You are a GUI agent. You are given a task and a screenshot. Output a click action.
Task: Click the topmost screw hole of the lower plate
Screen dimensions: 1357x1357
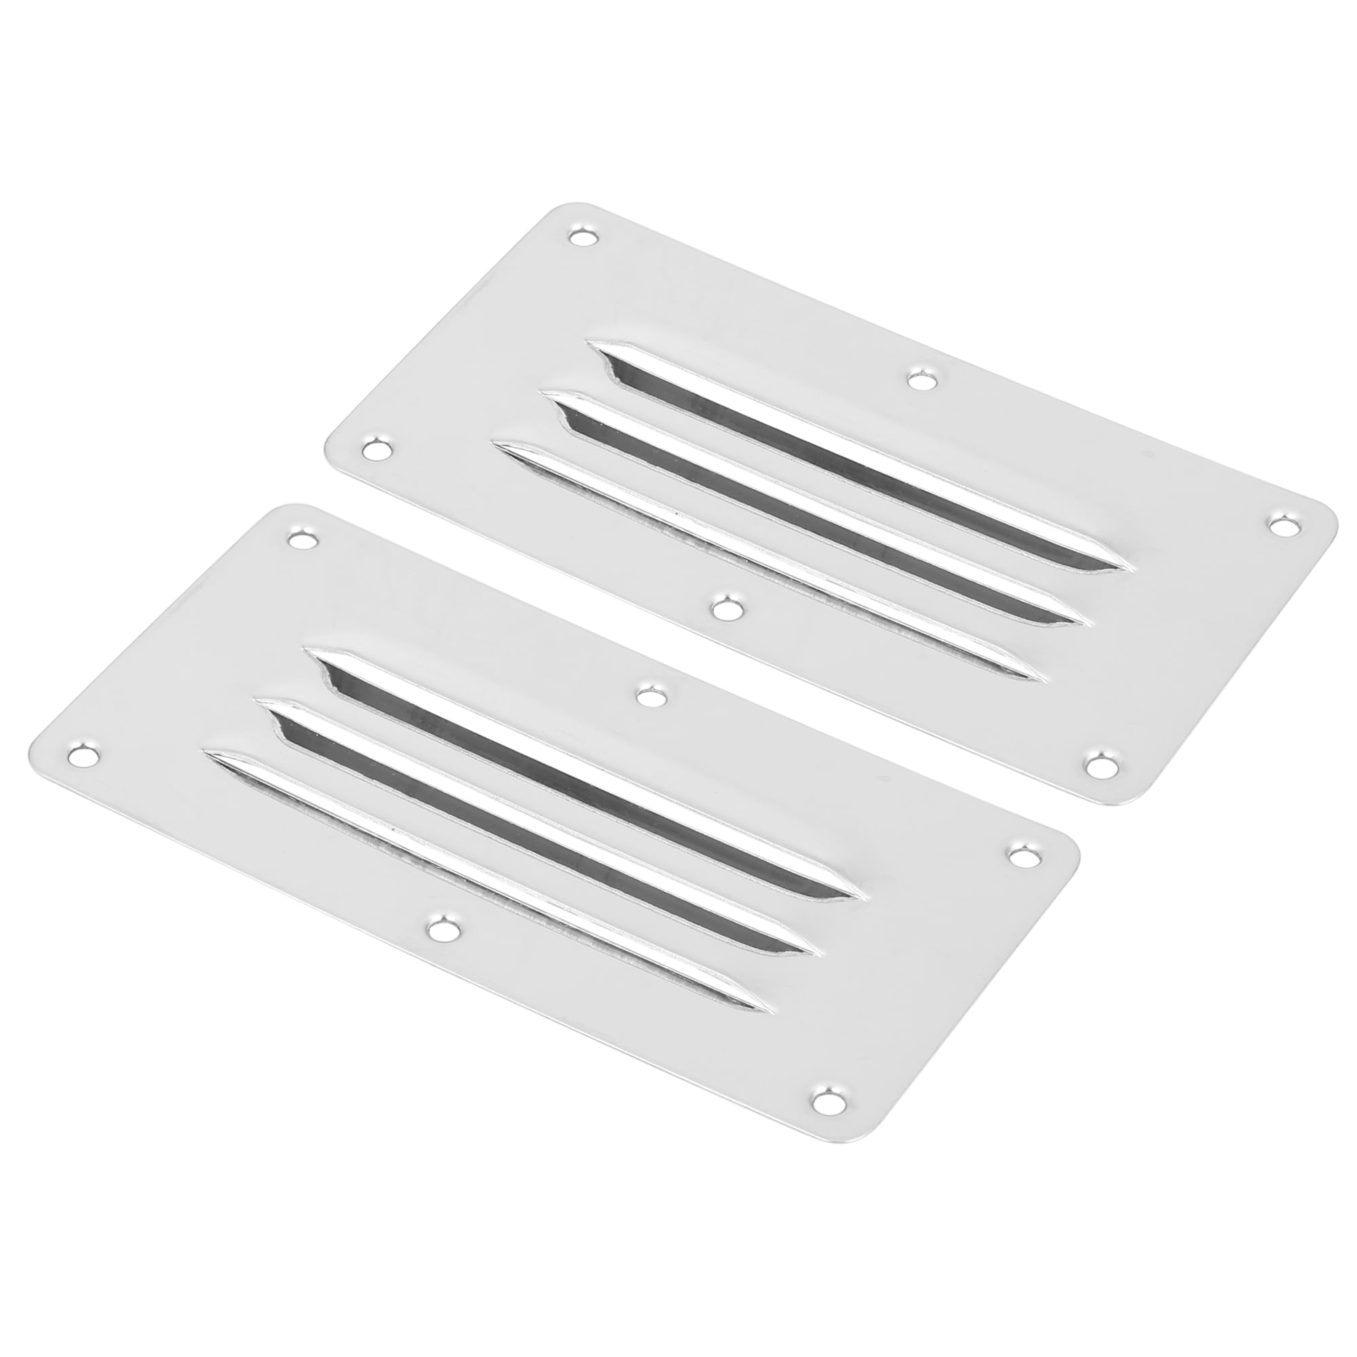(301, 540)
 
